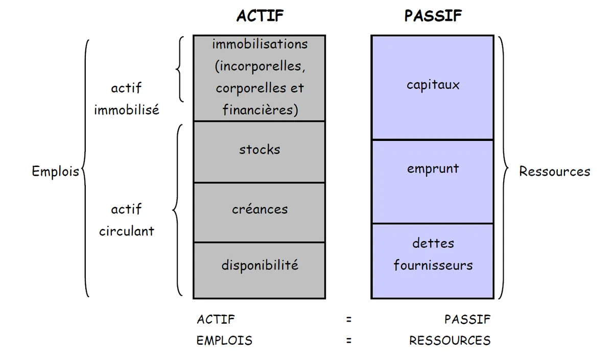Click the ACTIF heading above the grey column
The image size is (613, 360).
(x=260, y=16)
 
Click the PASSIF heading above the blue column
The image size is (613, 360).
(x=433, y=16)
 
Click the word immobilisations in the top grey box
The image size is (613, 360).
(x=260, y=44)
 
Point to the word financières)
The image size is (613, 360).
(x=260, y=110)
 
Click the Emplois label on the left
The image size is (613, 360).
(x=55, y=172)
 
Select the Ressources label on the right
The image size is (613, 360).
(x=554, y=172)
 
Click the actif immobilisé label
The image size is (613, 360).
(x=126, y=99)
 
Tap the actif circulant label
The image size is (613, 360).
(x=126, y=220)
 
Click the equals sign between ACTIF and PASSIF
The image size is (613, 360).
(x=349, y=320)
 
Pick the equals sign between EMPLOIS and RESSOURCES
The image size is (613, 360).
(x=349, y=341)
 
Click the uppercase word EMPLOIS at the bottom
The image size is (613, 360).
(x=224, y=341)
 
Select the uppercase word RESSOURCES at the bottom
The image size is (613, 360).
(x=450, y=341)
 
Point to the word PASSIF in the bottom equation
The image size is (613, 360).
(x=467, y=320)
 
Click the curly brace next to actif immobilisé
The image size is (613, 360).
(x=180, y=69)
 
